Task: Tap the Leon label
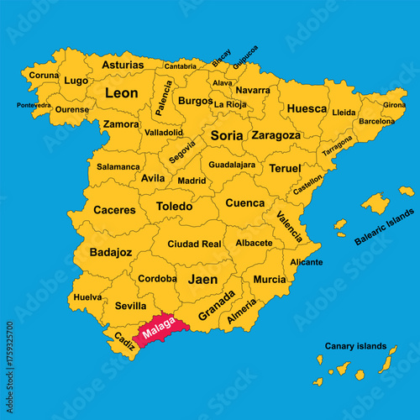click(121, 93)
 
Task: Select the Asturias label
click(123, 64)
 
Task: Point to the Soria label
click(226, 134)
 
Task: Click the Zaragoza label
click(276, 134)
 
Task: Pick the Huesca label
click(307, 108)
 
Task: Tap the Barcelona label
click(376, 121)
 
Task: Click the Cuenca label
click(244, 202)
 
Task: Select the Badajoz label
click(111, 251)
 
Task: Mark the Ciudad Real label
click(194, 244)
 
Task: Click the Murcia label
click(269, 279)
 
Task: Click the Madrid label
click(192, 180)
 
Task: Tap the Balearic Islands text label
click(384, 228)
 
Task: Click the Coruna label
click(45, 74)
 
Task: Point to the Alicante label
click(306, 262)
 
